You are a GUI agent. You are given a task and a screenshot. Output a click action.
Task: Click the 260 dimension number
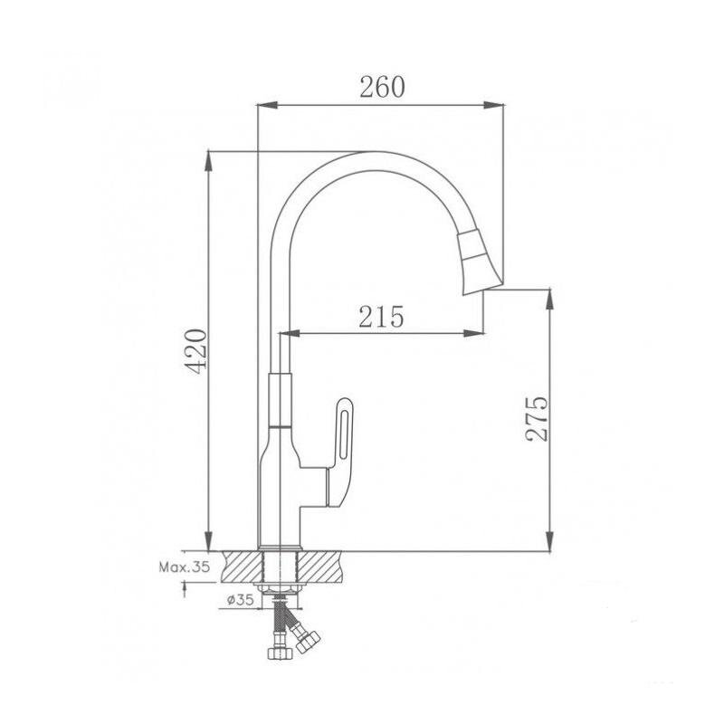(382, 87)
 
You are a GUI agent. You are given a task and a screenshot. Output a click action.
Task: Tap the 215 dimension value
(381, 316)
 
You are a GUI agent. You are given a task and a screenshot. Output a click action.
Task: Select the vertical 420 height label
(195, 351)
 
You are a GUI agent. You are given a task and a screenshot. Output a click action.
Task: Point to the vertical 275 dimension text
(537, 418)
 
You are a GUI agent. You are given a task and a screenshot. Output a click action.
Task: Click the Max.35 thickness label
(185, 567)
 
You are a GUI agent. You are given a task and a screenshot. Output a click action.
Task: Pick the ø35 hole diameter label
(240, 600)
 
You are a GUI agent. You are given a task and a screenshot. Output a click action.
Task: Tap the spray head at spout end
(479, 262)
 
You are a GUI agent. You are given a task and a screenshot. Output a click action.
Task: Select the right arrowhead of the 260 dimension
(493, 105)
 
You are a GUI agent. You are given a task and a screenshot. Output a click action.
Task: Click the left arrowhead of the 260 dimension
(267, 105)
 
